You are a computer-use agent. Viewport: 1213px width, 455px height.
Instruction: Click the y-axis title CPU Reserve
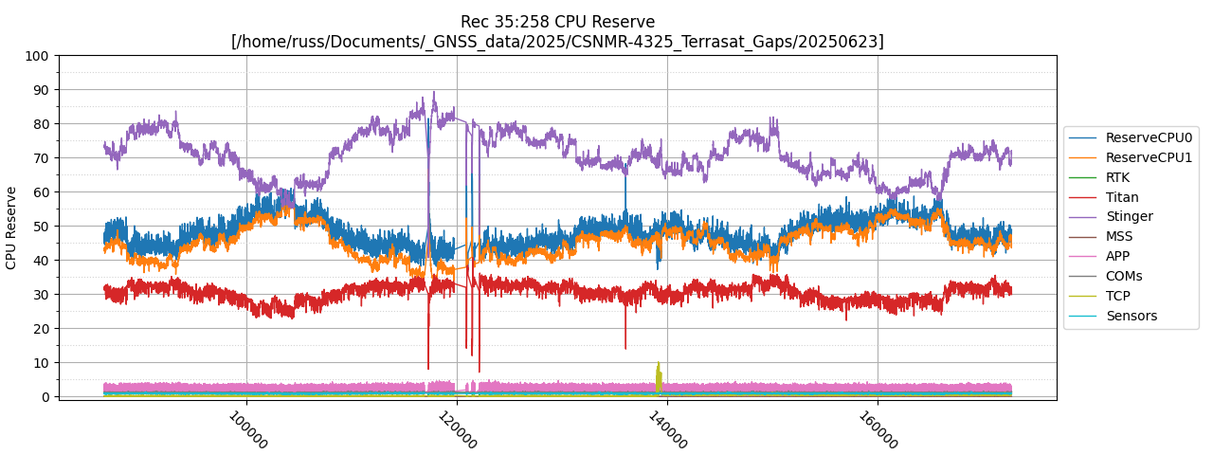(x=11, y=227)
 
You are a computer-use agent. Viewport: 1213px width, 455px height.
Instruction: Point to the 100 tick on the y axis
(x=38, y=56)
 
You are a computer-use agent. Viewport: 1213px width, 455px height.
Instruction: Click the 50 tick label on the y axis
(x=42, y=227)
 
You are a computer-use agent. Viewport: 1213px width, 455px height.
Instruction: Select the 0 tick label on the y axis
(x=45, y=397)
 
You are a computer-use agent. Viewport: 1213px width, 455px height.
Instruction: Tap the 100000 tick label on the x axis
(x=248, y=430)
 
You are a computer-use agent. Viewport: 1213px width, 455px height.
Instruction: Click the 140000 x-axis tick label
(x=669, y=430)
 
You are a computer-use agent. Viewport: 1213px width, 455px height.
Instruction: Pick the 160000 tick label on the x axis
(x=879, y=430)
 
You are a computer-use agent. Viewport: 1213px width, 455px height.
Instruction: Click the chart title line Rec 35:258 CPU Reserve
(x=557, y=22)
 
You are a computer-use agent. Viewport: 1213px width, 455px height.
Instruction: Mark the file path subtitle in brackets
(x=557, y=42)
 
